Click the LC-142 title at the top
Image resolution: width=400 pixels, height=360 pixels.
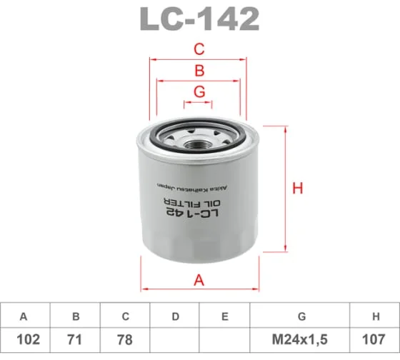coord(199,19)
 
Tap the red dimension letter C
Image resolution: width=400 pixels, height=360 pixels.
coord(199,49)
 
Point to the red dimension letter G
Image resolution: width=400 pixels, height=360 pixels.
coord(199,91)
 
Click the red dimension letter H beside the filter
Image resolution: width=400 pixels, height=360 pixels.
coord(298,189)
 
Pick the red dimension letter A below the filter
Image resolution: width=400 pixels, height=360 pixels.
coord(199,280)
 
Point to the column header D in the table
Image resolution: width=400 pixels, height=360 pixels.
coord(175,316)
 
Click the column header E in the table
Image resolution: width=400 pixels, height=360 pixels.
coord(225,316)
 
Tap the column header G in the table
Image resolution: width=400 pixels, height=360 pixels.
coord(301,316)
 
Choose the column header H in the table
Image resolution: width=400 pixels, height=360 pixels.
coord(375,316)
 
